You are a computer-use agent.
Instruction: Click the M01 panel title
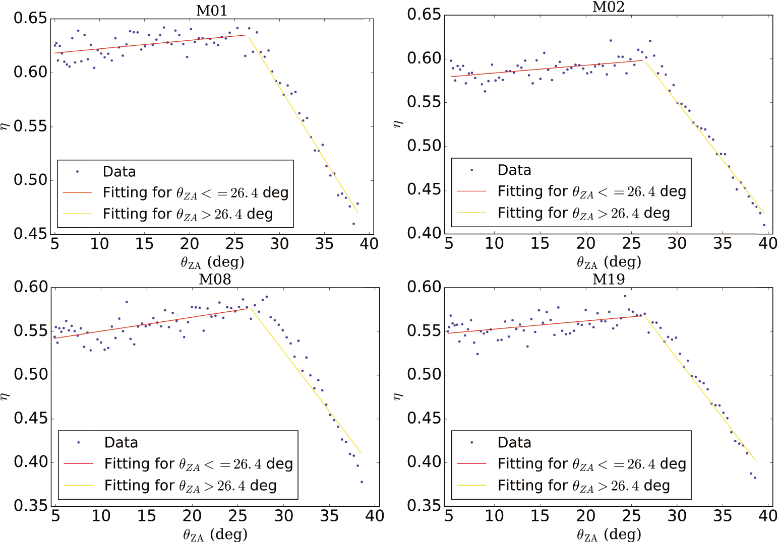click(211, 11)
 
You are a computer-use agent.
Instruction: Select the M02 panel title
click(608, 7)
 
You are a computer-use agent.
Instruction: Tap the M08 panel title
click(215, 279)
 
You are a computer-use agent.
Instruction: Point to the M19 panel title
click(608, 279)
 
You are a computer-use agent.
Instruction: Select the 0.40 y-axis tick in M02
click(424, 233)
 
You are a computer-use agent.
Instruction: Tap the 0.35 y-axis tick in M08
click(30, 505)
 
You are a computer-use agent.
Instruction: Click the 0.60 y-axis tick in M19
click(424, 287)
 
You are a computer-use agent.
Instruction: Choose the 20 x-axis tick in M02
click(585, 244)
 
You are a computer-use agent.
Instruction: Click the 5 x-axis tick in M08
click(55, 516)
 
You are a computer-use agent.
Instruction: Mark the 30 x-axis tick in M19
click(677, 516)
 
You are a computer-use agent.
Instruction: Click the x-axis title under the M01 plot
click(212, 262)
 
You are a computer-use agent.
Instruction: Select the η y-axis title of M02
click(398, 123)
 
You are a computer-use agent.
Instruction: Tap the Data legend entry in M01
click(119, 172)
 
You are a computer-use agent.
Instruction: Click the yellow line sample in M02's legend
click(471, 213)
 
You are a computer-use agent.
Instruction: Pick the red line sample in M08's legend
click(79, 463)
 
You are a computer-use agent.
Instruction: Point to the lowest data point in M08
click(362, 482)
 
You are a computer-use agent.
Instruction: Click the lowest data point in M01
click(353, 224)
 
